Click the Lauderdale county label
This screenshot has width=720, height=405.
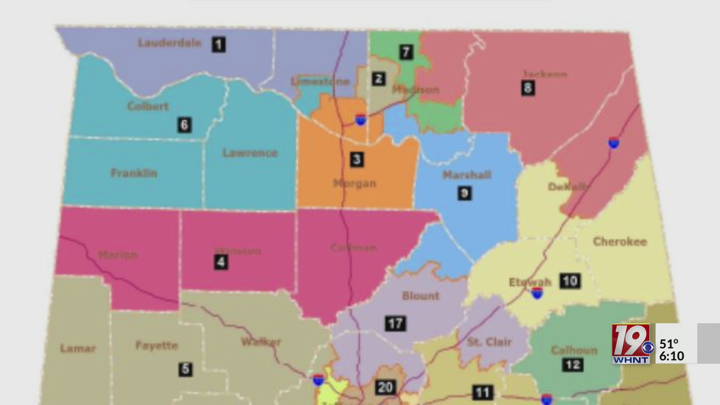click(169, 43)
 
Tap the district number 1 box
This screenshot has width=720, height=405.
click(219, 45)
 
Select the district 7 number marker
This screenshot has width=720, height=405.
click(406, 52)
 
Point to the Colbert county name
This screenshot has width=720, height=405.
click(148, 106)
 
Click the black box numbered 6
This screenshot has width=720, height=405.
click(184, 125)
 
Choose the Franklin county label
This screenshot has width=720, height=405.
click(134, 173)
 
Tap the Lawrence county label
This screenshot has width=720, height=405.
click(250, 153)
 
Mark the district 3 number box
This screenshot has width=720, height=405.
click(357, 159)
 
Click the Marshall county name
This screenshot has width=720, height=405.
click(467, 175)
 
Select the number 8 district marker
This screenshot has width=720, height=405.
click(528, 88)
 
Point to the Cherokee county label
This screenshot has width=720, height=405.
click(620, 241)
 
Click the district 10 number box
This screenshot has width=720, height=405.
click(570, 281)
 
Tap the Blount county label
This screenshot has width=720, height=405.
click(421, 296)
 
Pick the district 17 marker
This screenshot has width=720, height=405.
click(395, 323)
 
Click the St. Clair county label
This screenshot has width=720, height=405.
click(489, 342)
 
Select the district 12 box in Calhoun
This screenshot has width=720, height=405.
click(573, 364)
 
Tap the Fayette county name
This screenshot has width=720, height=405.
click(157, 345)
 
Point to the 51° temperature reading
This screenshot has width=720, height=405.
click(669, 343)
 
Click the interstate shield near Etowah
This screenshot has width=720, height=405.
click(537, 293)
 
